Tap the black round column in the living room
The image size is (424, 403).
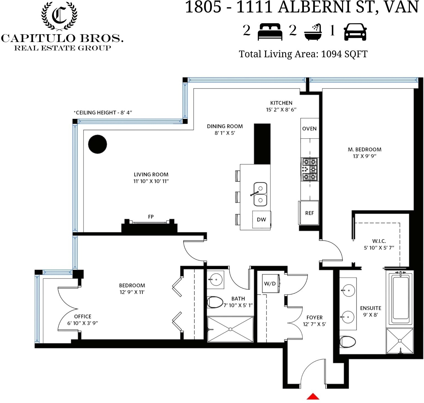pyautogui.click(x=97, y=144)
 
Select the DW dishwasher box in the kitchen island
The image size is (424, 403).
pyautogui.click(x=262, y=220)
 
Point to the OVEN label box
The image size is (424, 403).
pyautogui.click(x=310, y=128)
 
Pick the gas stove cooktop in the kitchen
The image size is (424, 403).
pyautogui.click(x=310, y=169)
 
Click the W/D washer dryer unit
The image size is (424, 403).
pyautogui.click(x=271, y=284)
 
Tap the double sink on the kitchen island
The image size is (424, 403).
pyautogui.click(x=260, y=194)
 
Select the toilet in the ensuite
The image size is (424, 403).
pyautogui.click(x=348, y=342)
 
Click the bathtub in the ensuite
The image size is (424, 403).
pyautogui.click(x=401, y=299)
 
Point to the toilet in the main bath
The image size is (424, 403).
pyautogui.click(x=215, y=302)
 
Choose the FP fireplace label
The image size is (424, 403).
pyautogui.click(x=151, y=217)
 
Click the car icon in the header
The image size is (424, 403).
pyautogui.click(x=355, y=32)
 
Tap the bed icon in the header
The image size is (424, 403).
pyautogui.click(x=270, y=32)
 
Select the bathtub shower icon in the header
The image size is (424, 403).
pyautogui.click(x=313, y=32)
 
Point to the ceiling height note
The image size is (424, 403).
pyautogui.click(x=103, y=113)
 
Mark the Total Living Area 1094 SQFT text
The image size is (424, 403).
pyautogui.click(x=303, y=54)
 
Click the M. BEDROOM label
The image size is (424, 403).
pyautogui.click(x=365, y=149)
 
